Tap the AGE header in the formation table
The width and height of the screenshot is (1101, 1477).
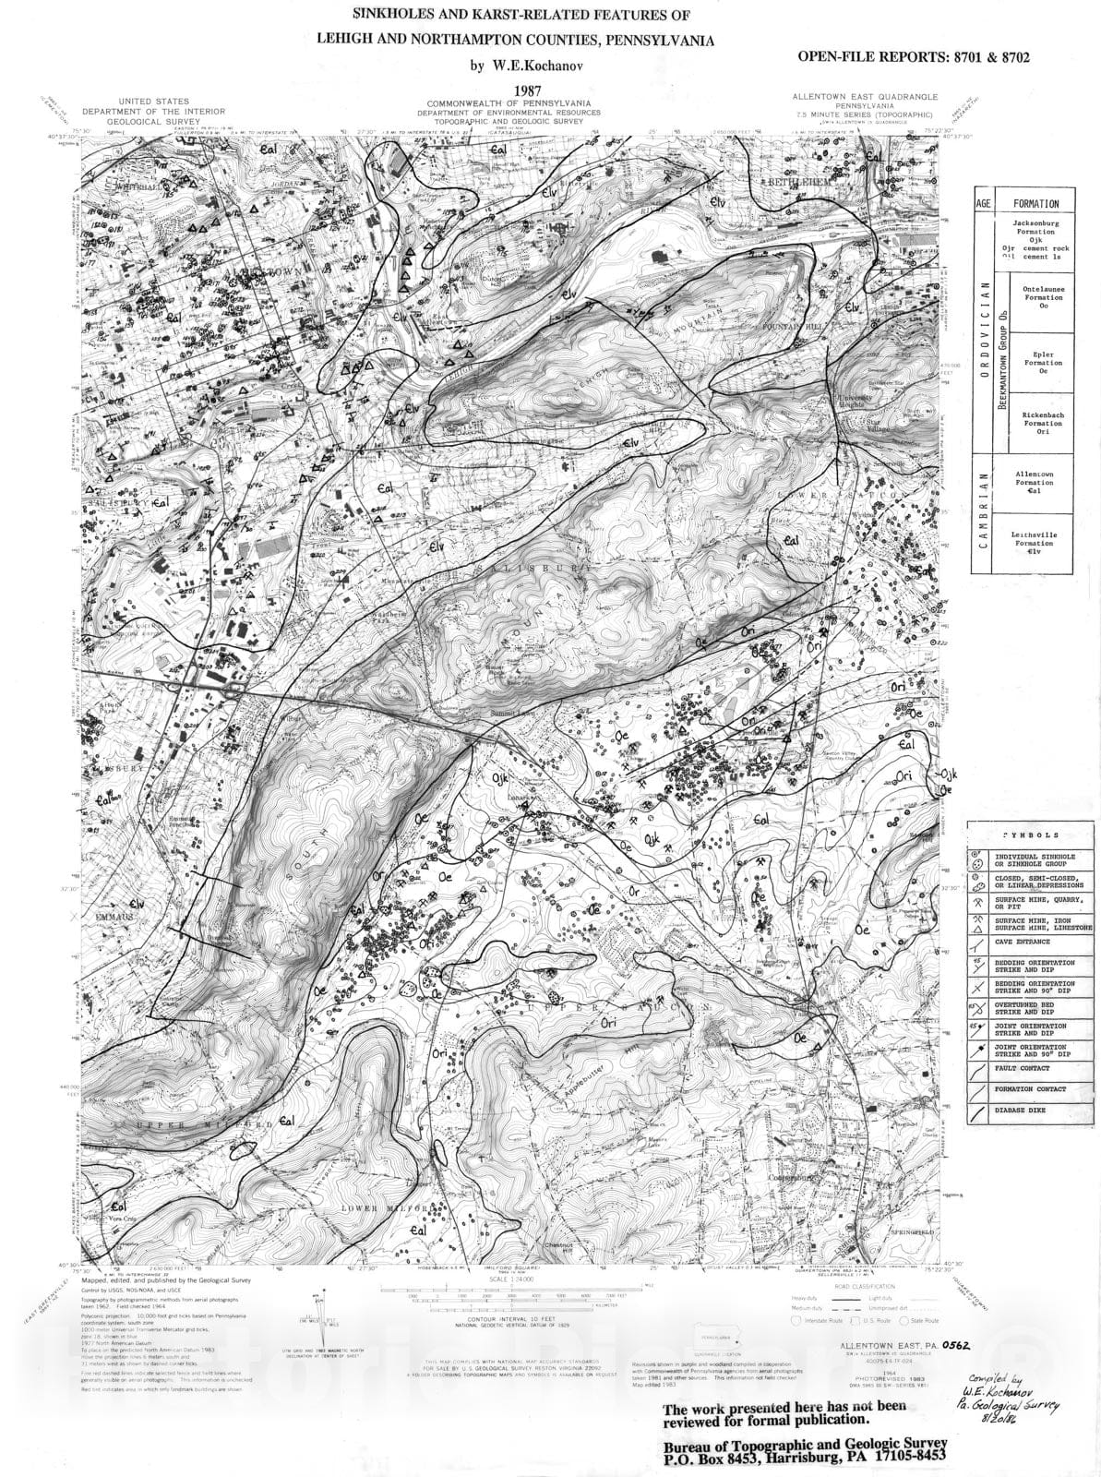click(984, 203)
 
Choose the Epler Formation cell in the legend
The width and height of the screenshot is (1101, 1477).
click(1042, 363)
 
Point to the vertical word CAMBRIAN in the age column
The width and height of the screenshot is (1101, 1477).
click(984, 511)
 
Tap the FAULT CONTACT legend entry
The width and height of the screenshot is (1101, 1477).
click(1023, 1067)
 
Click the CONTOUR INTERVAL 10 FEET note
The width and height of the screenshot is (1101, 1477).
click(501, 1322)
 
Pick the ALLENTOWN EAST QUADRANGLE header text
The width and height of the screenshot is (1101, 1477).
click(865, 96)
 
